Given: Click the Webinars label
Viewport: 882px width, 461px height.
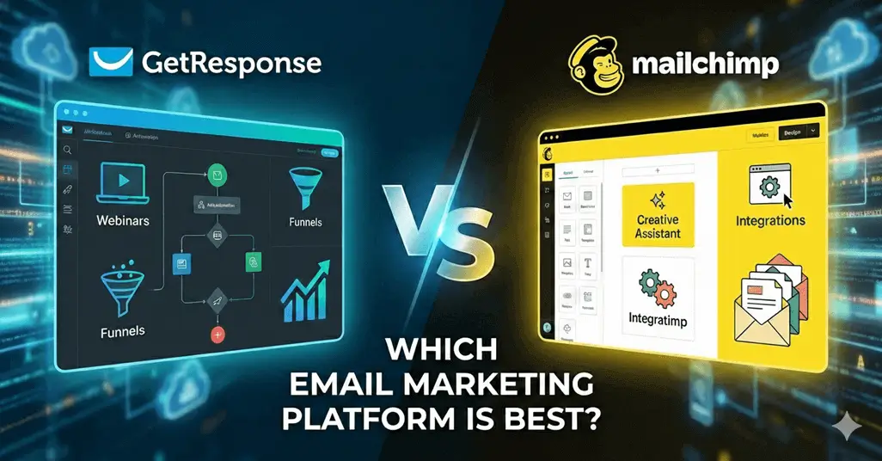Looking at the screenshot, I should coord(123,221).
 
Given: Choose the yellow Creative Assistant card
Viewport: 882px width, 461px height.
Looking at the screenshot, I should coord(658,215).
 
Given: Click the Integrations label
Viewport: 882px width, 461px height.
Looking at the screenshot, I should coord(770,221).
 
